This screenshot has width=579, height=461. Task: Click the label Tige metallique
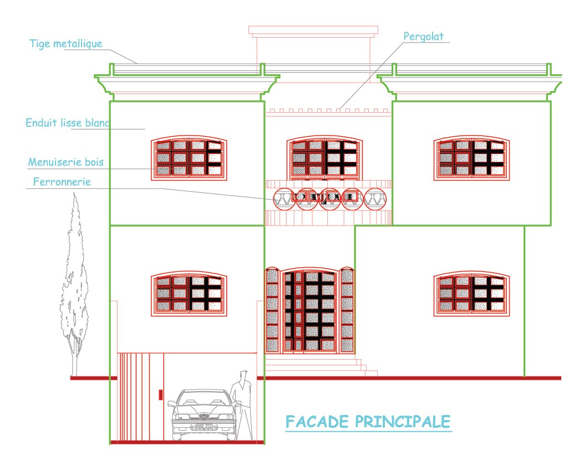click(x=66, y=44)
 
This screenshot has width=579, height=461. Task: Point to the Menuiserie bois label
click(x=66, y=162)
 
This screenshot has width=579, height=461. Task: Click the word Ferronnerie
click(x=62, y=181)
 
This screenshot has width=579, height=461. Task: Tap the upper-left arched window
click(x=190, y=158)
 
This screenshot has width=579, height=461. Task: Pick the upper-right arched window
click(x=472, y=158)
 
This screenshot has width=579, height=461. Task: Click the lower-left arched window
click(x=190, y=294)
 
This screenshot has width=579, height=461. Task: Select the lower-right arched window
click(x=472, y=294)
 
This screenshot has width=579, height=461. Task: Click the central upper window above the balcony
click(x=325, y=158)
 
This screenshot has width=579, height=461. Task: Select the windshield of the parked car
click(x=203, y=397)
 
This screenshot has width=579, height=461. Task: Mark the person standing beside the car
click(x=242, y=402)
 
